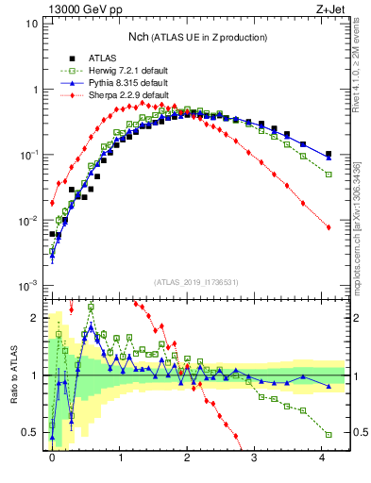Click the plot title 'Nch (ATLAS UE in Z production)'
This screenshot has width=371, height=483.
click(x=197, y=37)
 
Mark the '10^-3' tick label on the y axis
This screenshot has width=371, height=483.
click(x=28, y=285)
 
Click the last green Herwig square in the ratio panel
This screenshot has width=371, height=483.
click(x=329, y=434)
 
